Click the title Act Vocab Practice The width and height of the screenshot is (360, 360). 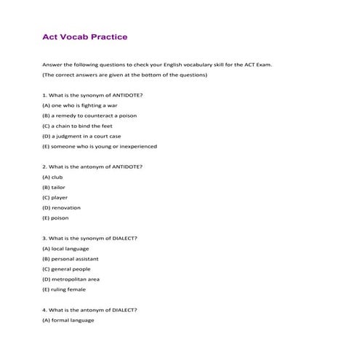[x=85, y=36]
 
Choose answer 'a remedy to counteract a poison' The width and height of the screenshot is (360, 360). [x=89, y=116]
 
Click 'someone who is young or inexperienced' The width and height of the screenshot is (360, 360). [x=100, y=146]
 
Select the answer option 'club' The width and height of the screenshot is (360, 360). [x=53, y=177]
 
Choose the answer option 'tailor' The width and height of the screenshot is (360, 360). [x=54, y=187]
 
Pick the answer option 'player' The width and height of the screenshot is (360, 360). [x=55, y=197]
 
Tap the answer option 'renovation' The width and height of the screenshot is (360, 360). [x=61, y=207]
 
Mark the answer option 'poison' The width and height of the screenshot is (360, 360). [x=56, y=217]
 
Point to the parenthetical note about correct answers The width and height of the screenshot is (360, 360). [x=125, y=75]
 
